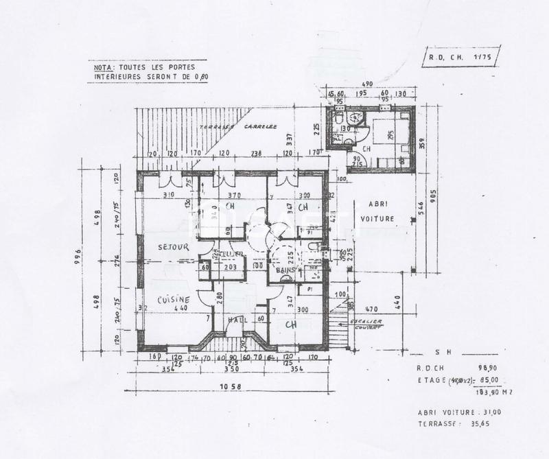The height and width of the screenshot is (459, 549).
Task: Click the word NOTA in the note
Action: pos(102,68)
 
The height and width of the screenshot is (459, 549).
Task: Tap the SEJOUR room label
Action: pos(173,246)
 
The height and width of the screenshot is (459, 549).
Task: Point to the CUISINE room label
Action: pos(173,300)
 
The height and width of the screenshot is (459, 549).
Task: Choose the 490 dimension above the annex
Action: pos(367,84)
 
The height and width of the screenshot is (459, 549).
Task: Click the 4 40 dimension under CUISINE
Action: pos(182,308)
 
